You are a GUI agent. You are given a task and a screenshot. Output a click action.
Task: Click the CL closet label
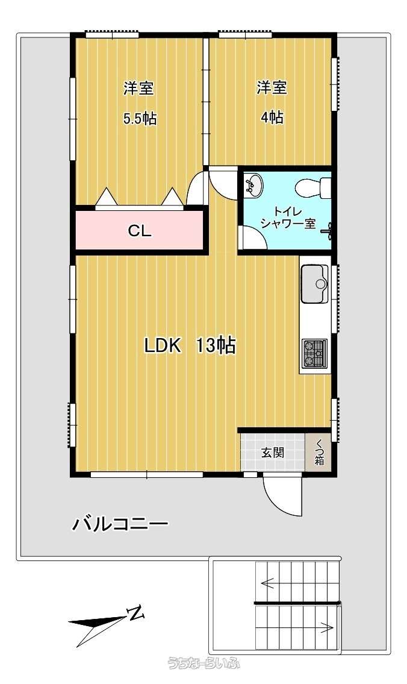(140, 231)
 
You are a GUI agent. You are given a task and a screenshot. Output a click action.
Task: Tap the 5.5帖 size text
(140, 118)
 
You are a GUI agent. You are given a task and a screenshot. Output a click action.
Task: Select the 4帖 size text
(272, 118)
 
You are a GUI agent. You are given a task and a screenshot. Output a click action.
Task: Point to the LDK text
(163, 346)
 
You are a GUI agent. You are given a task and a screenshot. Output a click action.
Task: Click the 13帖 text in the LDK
(216, 345)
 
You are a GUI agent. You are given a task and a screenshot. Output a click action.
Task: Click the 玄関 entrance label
(273, 453)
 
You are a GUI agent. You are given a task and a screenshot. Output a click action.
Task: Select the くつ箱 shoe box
(320, 453)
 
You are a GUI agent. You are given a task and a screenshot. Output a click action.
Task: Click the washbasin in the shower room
(253, 184)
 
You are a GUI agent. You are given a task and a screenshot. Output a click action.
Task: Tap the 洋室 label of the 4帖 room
(272, 87)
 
